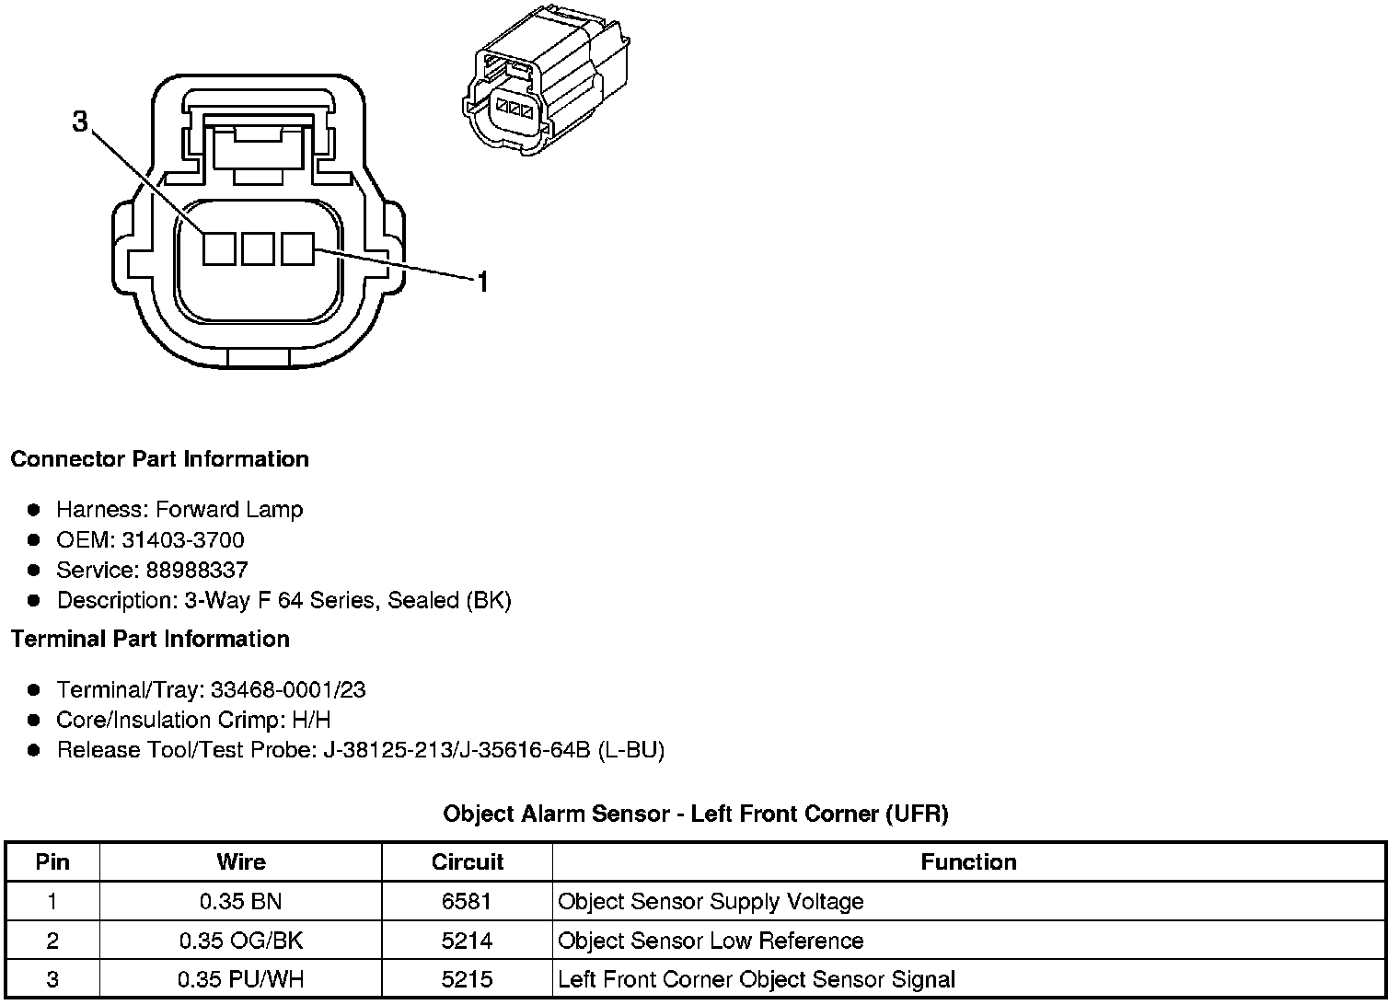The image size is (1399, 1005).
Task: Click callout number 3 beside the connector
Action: point(81,121)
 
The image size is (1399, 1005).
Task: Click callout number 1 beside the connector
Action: point(481,283)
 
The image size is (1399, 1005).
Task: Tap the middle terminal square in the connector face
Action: point(258,248)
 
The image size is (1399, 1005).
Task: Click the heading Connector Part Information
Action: point(160,459)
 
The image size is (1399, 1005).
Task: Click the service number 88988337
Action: point(196,571)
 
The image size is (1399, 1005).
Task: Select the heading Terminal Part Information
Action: point(150,640)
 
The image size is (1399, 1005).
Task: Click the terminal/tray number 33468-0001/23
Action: point(288,690)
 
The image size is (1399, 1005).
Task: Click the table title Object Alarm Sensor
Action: point(696,814)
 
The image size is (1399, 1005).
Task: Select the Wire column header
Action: point(241,862)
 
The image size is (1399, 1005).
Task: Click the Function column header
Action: point(968,862)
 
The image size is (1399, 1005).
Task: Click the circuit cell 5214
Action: point(467,941)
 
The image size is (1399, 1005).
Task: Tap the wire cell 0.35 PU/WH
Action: point(241,980)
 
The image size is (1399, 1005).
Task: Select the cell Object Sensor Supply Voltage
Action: point(711,902)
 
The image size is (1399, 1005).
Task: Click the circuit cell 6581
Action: point(467,902)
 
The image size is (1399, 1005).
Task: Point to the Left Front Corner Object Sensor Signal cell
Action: point(757,980)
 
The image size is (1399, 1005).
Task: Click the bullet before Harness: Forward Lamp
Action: point(34,510)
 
